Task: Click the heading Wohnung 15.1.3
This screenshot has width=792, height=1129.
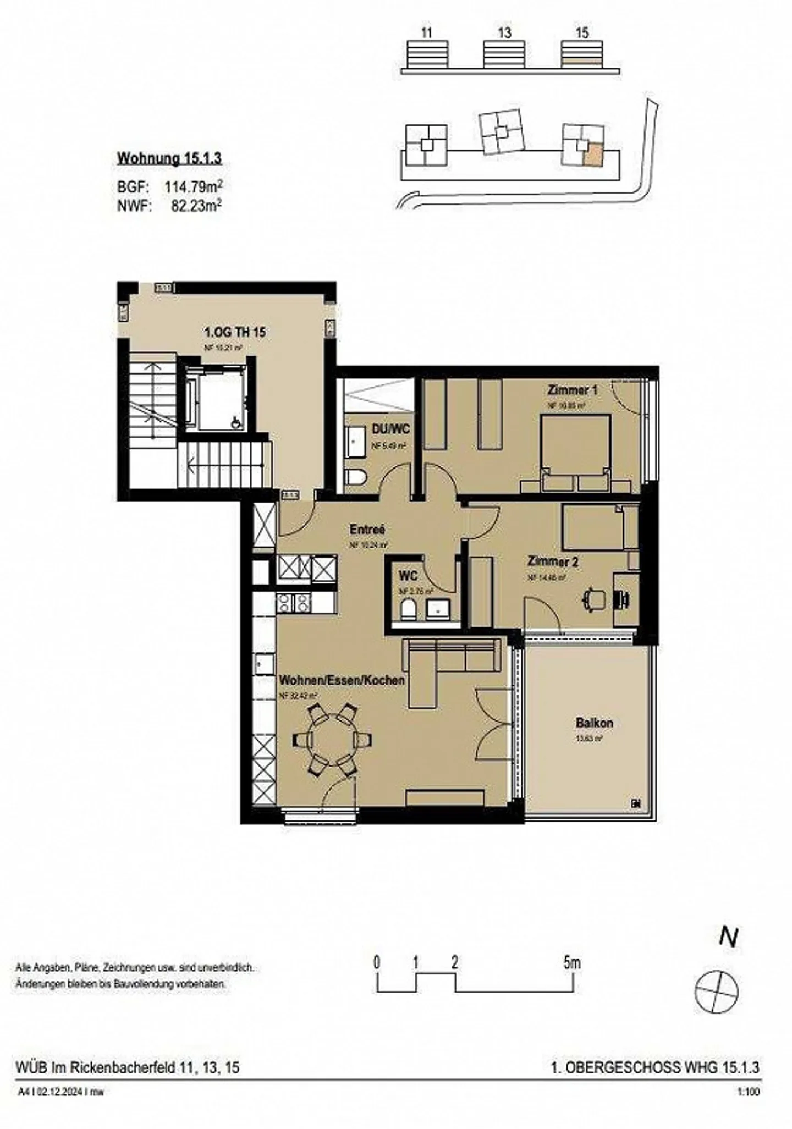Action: [x=169, y=158]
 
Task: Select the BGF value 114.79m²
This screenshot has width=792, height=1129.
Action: [x=193, y=186]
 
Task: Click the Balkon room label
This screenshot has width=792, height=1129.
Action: [x=594, y=723]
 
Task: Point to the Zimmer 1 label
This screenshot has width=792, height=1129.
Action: [x=572, y=390]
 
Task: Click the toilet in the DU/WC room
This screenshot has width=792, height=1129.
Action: [x=355, y=477]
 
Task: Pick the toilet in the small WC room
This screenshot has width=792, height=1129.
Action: [x=408, y=609]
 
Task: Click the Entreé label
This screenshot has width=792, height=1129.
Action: [x=367, y=529]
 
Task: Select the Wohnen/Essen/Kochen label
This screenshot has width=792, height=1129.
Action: [x=342, y=680]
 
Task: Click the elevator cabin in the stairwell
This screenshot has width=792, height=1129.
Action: [x=219, y=400]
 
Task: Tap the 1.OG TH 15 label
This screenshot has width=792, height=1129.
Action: [x=235, y=332]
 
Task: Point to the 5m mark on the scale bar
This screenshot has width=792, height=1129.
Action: [x=572, y=963]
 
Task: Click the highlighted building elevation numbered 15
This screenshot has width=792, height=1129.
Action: [x=582, y=55]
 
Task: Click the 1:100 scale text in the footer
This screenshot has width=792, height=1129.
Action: [x=748, y=1092]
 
